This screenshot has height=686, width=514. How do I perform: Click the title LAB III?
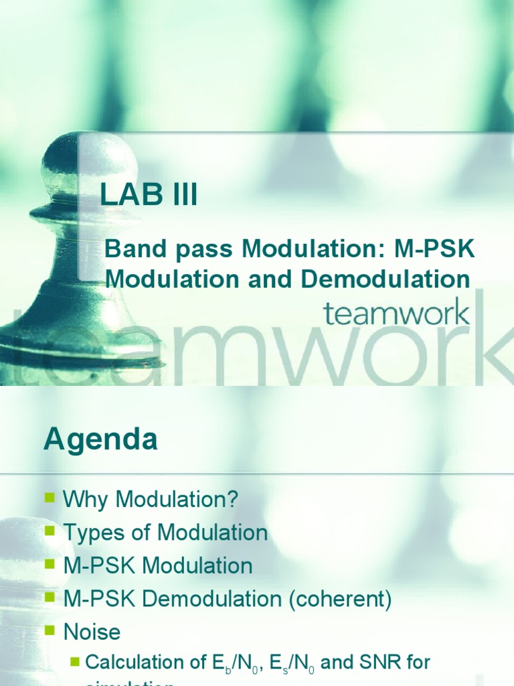[x=149, y=196]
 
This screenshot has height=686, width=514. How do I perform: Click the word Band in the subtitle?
[x=131, y=250]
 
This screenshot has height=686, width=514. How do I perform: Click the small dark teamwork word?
[x=396, y=313]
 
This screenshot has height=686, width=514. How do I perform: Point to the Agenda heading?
[x=101, y=440]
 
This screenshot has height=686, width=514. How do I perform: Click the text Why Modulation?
[x=151, y=499]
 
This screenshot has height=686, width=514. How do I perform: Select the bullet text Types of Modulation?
[x=165, y=533]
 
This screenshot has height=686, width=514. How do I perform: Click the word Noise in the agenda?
[x=92, y=632]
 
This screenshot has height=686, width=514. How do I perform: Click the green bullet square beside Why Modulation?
[x=50, y=498]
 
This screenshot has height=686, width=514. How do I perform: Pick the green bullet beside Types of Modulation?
[x=50, y=531]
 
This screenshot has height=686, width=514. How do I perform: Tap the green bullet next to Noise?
[x=50, y=630]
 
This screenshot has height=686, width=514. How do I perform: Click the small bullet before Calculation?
[x=75, y=663]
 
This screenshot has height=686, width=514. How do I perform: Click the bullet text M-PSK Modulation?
[x=158, y=565]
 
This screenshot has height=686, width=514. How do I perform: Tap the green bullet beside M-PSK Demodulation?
[x=50, y=598]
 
